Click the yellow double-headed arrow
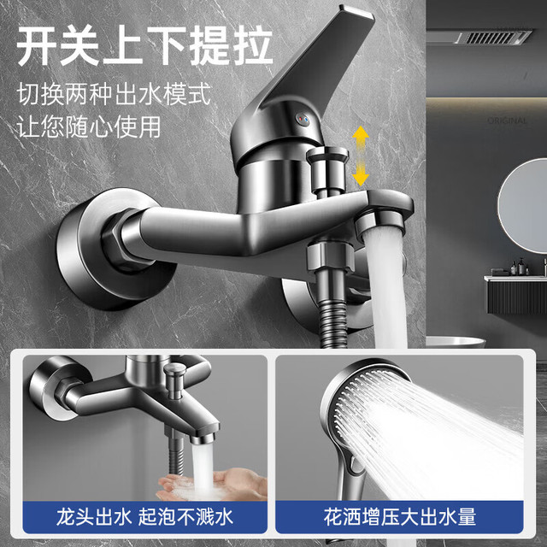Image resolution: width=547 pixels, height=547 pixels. click(361, 156)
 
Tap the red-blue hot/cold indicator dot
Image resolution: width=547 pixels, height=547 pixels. click(302, 120)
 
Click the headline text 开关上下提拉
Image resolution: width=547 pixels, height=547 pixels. click(144, 46)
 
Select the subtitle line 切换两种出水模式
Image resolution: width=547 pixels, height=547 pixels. click(114, 93)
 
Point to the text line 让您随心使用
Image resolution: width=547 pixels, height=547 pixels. click(89, 126)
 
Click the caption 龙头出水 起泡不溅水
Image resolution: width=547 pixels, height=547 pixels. click(144, 516)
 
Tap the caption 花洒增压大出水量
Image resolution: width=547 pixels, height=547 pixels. click(400, 516)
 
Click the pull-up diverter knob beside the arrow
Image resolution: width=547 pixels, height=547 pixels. click(326, 170)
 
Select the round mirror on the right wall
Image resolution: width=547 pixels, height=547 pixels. click(522, 206)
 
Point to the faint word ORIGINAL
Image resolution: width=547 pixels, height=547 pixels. click(507, 121)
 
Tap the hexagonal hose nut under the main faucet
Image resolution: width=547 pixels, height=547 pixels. click(331, 257)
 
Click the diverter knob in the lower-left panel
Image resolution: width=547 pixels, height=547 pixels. click(174, 380)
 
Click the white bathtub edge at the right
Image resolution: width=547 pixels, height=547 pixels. click(456, 342)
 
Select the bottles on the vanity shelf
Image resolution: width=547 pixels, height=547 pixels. click(520, 267)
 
